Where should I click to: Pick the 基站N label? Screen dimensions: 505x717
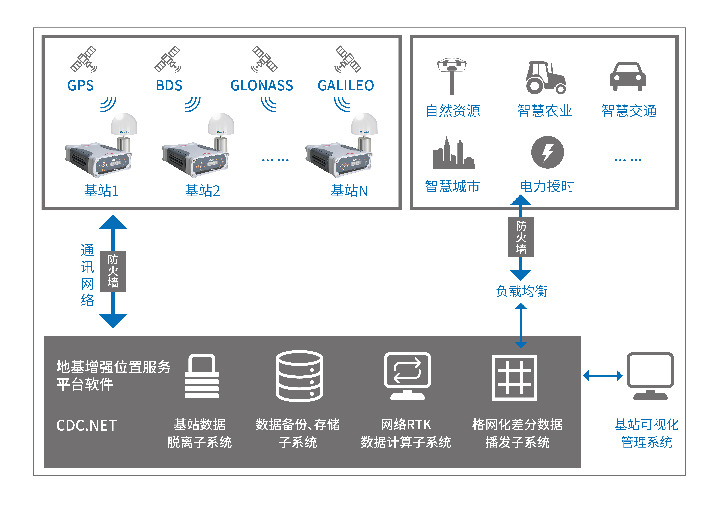(349, 191)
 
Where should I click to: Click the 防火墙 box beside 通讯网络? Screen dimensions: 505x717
(113, 271)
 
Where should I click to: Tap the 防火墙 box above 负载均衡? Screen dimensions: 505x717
(521, 237)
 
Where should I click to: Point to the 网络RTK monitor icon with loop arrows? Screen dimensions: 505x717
(407, 375)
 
